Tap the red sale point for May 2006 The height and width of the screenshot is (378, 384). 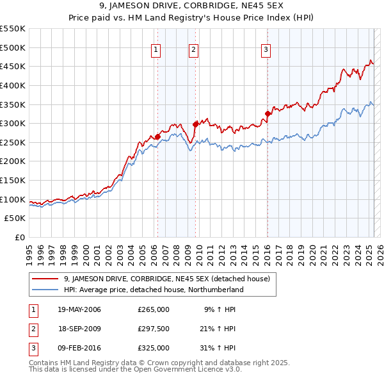(x=157, y=136)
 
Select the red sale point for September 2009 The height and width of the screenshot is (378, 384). (x=195, y=124)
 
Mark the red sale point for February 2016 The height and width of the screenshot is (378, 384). (x=268, y=114)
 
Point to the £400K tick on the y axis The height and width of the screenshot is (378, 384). (x=14, y=85)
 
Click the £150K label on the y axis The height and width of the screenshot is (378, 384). (x=14, y=180)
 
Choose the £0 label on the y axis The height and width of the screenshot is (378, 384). (x=19, y=237)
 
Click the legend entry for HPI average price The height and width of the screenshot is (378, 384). (x=154, y=290)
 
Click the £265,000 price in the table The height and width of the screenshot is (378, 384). (x=154, y=309)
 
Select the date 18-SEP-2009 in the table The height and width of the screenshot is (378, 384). (x=79, y=329)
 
